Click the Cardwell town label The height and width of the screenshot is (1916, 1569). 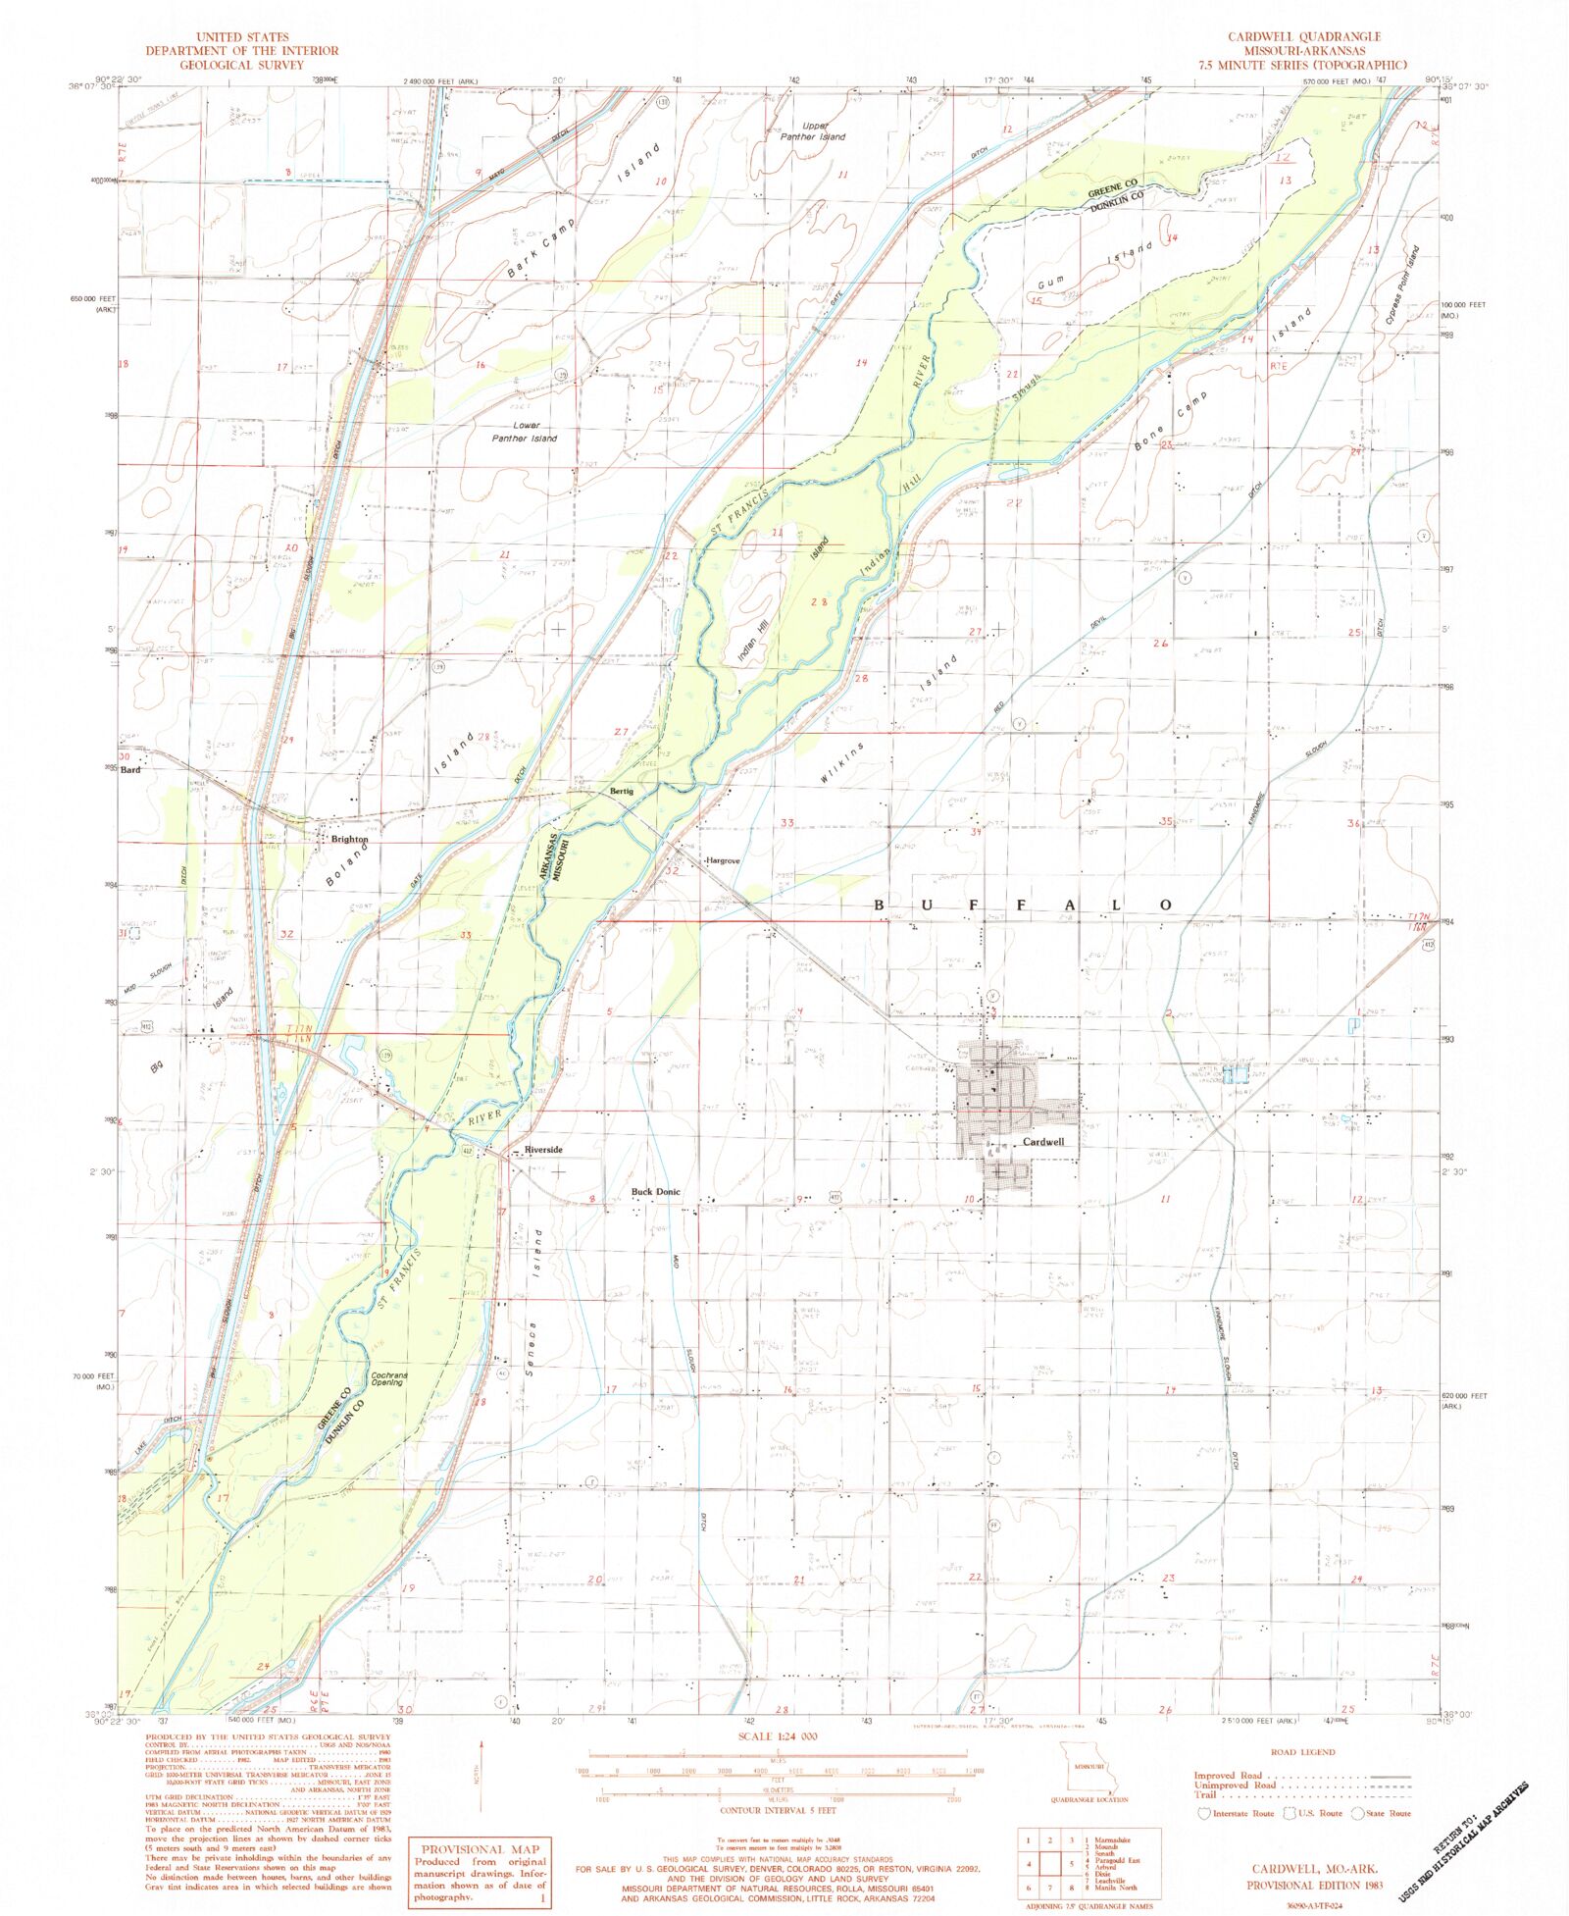point(1042,1142)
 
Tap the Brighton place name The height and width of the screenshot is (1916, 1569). point(349,840)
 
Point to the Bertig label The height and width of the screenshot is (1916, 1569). point(622,791)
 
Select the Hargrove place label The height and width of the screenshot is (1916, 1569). point(723,860)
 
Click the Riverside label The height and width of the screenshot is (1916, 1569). point(543,1149)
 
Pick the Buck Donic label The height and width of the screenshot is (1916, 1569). point(655,1192)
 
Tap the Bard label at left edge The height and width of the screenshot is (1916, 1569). point(130,770)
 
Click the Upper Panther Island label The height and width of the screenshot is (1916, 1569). point(813,131)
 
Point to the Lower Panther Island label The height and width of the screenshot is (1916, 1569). point(525,432)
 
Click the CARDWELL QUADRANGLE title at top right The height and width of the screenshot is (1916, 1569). point(1303,36)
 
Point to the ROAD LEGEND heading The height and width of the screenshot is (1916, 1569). point(1302,1752)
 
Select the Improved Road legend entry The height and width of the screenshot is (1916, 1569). point(1228,1776)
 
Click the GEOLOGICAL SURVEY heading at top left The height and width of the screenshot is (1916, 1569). point(241,65)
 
